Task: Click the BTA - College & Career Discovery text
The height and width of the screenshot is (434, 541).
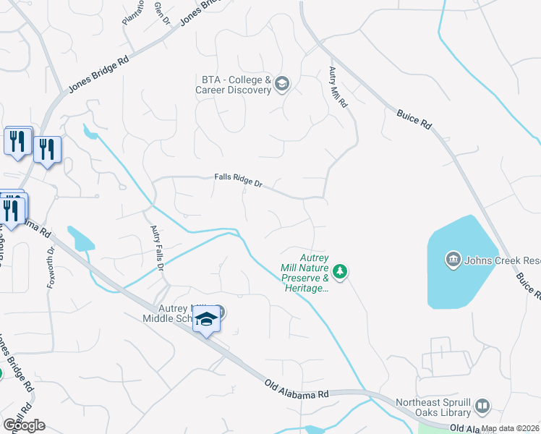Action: click(x=233, y=85)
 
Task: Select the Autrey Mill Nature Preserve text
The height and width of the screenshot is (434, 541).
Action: click(x=304, y=272)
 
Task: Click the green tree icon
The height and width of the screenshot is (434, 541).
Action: click(x=341, y=272)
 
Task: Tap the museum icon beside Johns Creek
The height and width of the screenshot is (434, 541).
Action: click(x=453, y=260)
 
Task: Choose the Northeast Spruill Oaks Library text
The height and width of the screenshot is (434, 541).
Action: click(x=433, y=407)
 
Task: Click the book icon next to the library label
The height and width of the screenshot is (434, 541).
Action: click(x=482, y=407)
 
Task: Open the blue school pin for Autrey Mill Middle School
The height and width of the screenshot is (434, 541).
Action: click(x=206, y=319)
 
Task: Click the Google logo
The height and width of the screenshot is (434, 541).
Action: click(x=23, y=425)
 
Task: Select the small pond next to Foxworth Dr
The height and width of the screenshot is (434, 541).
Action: click(x=80, y=239)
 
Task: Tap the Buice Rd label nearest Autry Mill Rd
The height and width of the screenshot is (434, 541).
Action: click(x=414, y=119)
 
